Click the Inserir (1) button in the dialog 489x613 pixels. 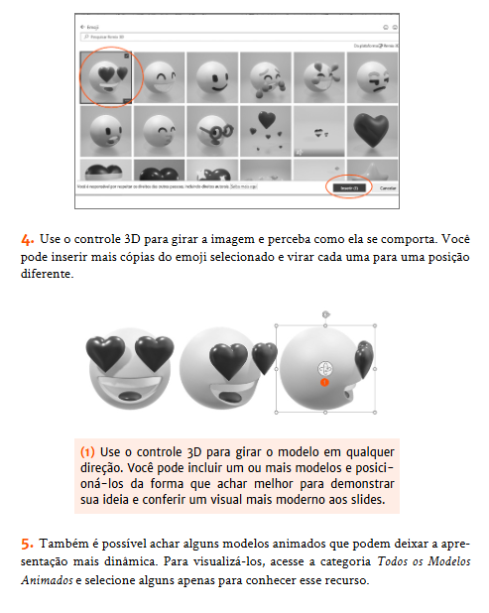(348, 187)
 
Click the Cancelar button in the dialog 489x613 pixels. (388, 187)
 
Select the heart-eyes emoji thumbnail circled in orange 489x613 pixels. (108, 77)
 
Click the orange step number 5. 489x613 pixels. (26, 544)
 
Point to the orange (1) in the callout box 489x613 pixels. (88, 450)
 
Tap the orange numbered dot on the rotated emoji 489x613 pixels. (323, 381)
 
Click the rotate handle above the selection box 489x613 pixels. (324, 314)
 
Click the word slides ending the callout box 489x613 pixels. (380, 501)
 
